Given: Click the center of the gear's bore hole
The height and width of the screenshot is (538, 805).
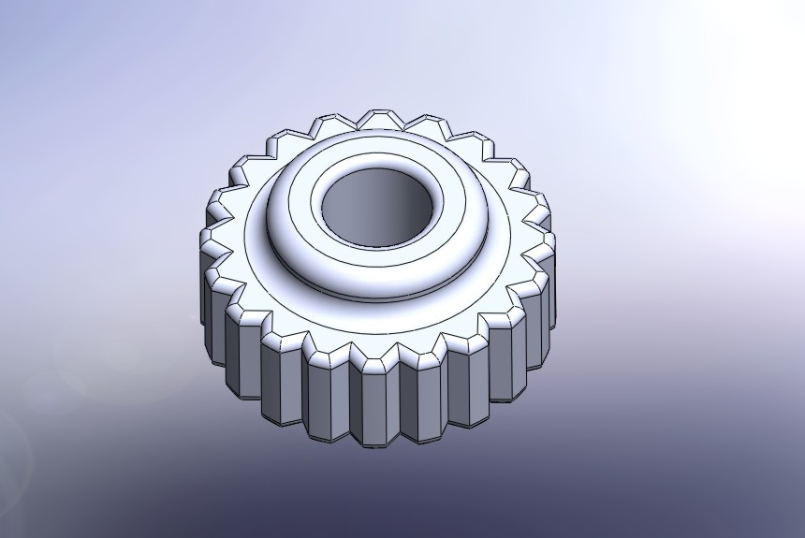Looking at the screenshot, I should [x=379, y=207].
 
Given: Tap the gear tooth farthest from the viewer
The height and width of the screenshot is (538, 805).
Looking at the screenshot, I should [x=381, y=119].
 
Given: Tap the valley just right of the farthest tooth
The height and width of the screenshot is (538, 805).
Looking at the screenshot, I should [x=404, y=124].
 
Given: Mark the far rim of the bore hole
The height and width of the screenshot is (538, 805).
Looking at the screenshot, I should [x=379, y=171].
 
